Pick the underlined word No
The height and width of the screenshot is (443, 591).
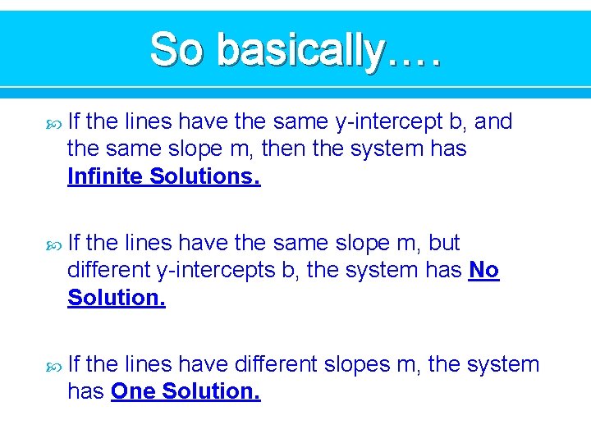[483, 270]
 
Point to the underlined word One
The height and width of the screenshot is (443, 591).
[133, 391]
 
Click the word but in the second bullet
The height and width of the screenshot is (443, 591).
[444, 243]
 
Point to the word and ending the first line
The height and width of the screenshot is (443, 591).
[493, 122]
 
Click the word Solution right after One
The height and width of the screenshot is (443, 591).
[211, 391]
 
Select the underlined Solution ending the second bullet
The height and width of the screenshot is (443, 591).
[117, 298]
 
